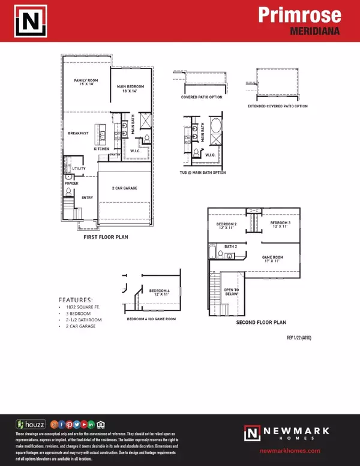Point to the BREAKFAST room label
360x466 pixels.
(78, 133)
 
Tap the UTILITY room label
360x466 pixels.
(79, 170)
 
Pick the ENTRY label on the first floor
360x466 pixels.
(86, 197)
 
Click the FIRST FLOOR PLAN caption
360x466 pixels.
(106, 237)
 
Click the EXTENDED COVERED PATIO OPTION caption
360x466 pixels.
(277, 106)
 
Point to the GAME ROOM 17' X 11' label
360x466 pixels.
(272, 258)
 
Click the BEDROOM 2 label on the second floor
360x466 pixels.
(227, 226)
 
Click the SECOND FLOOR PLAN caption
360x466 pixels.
(257, 322)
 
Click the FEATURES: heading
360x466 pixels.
(76, 299)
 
